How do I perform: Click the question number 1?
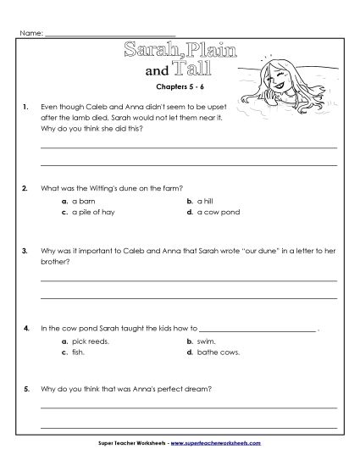27,107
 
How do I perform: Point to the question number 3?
27,251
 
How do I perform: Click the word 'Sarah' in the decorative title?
152,51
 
